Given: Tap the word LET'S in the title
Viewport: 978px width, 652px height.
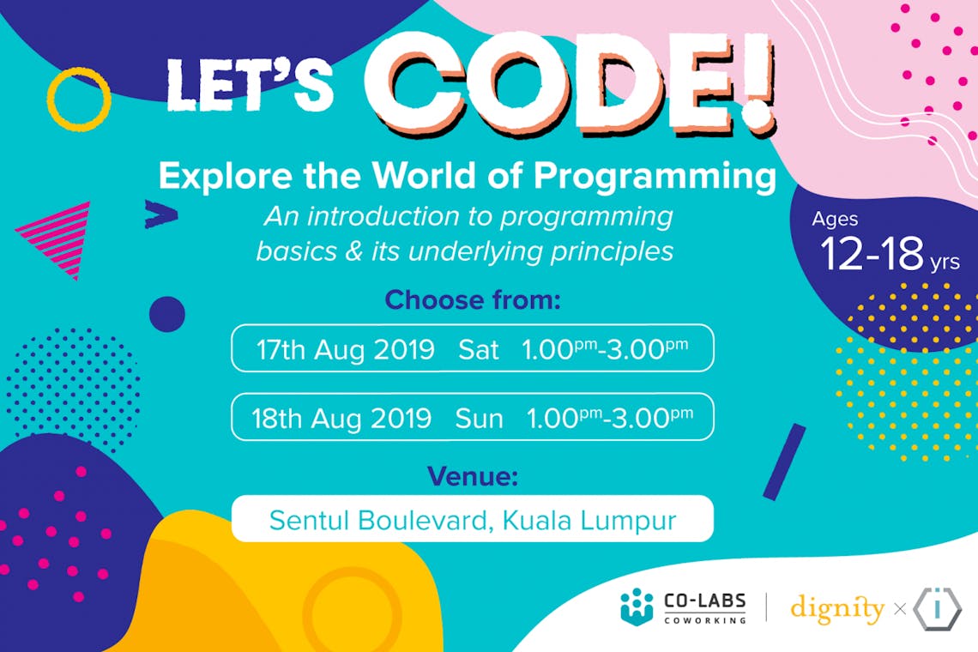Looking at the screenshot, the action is [250, 85].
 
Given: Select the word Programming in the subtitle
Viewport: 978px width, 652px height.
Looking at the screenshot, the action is [655, 177].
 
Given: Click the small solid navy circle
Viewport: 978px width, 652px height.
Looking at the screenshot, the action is [167, 313].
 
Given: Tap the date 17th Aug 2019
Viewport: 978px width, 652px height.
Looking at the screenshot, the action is [346, 349].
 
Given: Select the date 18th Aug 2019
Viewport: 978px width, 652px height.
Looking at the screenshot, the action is [341, 418].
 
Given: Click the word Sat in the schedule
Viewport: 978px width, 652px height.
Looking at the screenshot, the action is [479, 349].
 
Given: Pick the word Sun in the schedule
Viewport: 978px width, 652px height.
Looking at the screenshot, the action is [479, 418].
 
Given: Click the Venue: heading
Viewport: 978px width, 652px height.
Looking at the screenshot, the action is [472, 477].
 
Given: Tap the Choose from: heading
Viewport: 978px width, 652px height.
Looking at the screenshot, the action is [472, 300].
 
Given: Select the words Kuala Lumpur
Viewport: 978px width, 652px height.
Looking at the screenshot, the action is [589, 521].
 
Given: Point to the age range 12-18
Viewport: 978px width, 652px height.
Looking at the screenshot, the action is [872, 254].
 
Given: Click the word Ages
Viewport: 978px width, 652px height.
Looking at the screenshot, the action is [835, 220].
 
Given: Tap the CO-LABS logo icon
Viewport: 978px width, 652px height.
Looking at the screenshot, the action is [637, 607].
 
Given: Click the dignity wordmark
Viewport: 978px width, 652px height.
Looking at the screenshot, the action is [837, 609].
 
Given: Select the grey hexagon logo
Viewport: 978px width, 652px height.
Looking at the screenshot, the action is [937, 609].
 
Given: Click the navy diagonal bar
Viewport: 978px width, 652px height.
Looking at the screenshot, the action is [785, 462].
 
